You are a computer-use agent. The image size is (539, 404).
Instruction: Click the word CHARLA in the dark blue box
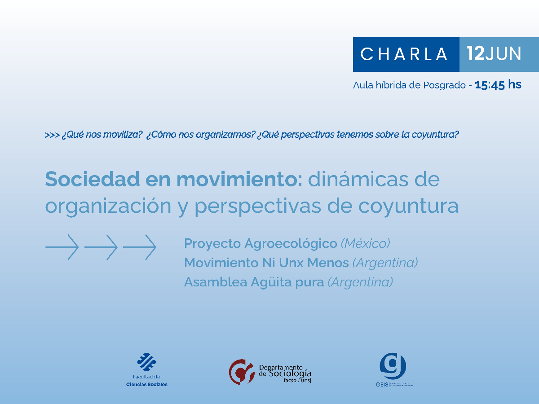click(x=404, y=54)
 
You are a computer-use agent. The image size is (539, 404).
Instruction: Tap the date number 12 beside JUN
click(x=475, y=53)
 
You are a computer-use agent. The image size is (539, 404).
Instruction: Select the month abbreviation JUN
click(x=503, y=54)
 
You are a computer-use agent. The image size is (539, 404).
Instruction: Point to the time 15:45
click(x=490, y=85)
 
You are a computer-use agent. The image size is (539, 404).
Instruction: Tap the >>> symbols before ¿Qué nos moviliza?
click(x=52, y=135)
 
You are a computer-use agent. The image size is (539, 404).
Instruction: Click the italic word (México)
click(x=365, y=244)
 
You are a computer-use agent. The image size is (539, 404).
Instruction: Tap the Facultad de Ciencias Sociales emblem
click(x=146, y=362)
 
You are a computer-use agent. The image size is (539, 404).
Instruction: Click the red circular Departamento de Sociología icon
click(x=242, y=372)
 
